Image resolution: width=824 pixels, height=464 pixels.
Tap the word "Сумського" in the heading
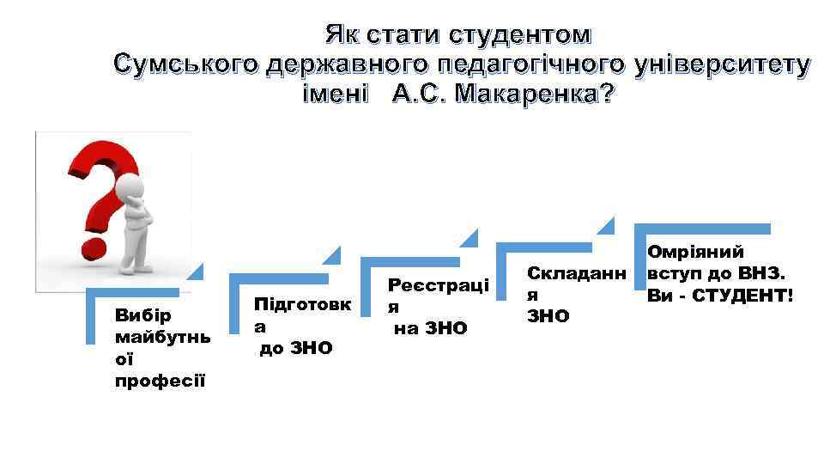pyautogui.click(x=186, y=64)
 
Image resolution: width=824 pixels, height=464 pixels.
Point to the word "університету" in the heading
pyautogui.click(x=721, y=64)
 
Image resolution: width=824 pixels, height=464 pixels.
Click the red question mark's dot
pyautogui.click(x=93, y=250)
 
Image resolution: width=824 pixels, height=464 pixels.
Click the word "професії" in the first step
pyautogui.click(x=160, y=380)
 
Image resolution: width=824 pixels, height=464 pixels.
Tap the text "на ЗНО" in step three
pyautogui.click(x=432, y=327)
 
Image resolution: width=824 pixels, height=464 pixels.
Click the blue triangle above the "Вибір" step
pyautogui.click(x=195, y=273)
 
